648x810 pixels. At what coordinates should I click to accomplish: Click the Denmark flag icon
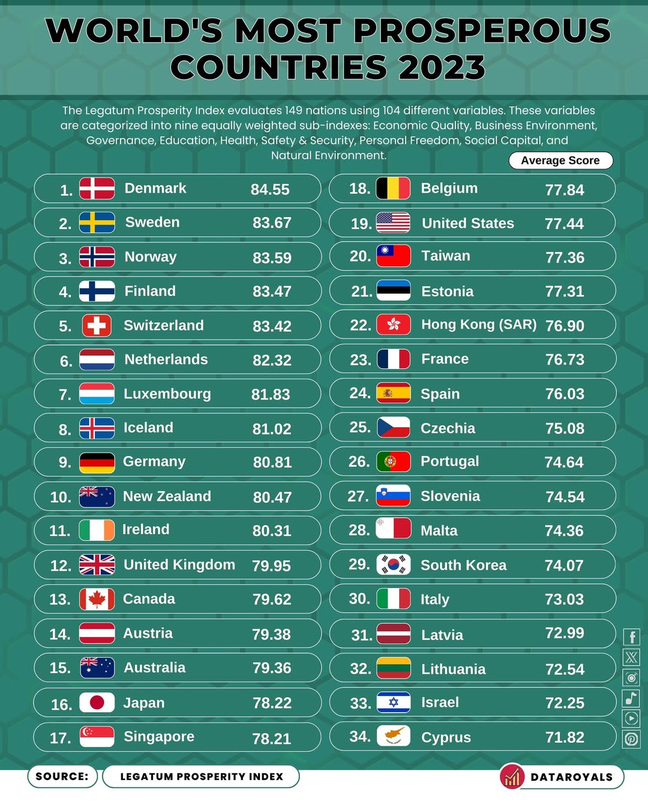pyautogui.click(x=97, y=188)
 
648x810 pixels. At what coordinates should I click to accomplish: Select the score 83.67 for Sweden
pyautogui.click(x=272, y=223)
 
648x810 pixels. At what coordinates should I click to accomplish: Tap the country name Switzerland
pyautogui.click(x=163, y=325)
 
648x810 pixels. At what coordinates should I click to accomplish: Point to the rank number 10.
pyautogui.click(x=61, y=497)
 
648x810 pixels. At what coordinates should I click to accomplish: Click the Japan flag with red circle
pyautogui.click(x=97, y=703)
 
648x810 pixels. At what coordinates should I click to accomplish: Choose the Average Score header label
pyautogui.click(x=560, y=161)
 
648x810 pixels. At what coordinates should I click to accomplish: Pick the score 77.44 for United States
pyautogui.click(x=564, y=224)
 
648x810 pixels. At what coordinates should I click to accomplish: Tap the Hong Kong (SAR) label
pyautogui.click(x=479, y=325)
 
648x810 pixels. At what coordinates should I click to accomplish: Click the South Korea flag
pyautogui.click(x=394, y=565)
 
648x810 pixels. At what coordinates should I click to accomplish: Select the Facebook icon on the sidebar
pyautogui.click(x=631, y=637)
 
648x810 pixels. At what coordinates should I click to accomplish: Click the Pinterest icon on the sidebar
pyautogui.click(x=631, y=739)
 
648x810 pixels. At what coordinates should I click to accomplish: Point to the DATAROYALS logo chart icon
pyautogui.click(x=512, y=777)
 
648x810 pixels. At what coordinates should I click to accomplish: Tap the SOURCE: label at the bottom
pyautogui.click(x=62, y=776)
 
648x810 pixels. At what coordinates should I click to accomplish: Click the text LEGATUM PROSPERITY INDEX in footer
pyautogui.click(x=202, y=776)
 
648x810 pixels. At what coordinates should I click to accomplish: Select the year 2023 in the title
pyautogui.click(x=442, y=67)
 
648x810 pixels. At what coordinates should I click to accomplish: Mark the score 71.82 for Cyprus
pyautogui.click(x=565, y=737)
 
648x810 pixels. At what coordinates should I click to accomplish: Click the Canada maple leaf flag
pyautogui.click(x=97, y=599)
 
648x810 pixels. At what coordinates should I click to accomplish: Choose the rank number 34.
pyautogui.click(x=360, y=736)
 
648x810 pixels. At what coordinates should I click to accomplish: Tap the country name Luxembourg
pyautogui.click(x=167, y=394)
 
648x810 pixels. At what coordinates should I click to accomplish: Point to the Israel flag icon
pyautogui.click(x=394, y=703)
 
